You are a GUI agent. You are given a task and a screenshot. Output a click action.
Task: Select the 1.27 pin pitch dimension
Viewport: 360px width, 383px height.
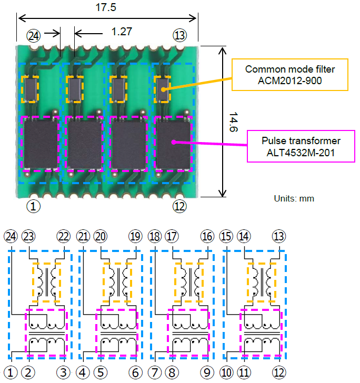tap(122, 32)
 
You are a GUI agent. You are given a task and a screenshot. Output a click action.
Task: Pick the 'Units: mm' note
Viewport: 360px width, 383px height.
tap(294, 198)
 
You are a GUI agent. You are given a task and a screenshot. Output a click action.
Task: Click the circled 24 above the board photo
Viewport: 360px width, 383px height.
tap(34, 35)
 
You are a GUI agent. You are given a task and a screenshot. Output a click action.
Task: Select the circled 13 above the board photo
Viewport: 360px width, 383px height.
tap(179, 35)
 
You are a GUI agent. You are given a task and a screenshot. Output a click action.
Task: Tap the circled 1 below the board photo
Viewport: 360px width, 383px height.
tap(34, 206)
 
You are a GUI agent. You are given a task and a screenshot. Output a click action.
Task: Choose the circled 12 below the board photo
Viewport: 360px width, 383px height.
tap(179, 206)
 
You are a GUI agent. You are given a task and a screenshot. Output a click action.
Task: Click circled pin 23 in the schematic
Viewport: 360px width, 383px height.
tap(29, 236)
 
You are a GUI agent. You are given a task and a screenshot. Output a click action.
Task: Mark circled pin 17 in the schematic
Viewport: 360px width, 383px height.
tap(173, 236)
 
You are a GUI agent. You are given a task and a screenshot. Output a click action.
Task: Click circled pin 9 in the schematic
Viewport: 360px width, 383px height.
tap(207, 372)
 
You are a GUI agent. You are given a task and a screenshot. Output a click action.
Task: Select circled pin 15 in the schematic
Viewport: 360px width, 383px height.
tap(226, 236)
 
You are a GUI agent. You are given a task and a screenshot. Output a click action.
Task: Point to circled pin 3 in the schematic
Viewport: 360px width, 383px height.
tap(64, 372)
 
